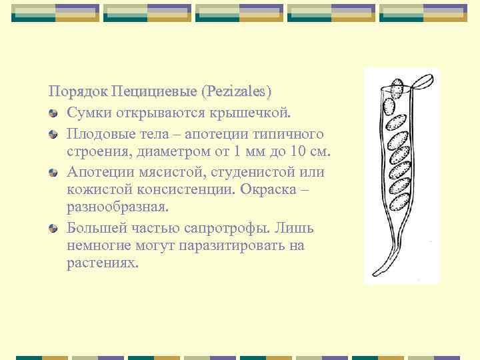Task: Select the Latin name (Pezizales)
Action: (x=238, y=90)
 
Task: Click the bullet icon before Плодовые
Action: (x=53, y=135)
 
